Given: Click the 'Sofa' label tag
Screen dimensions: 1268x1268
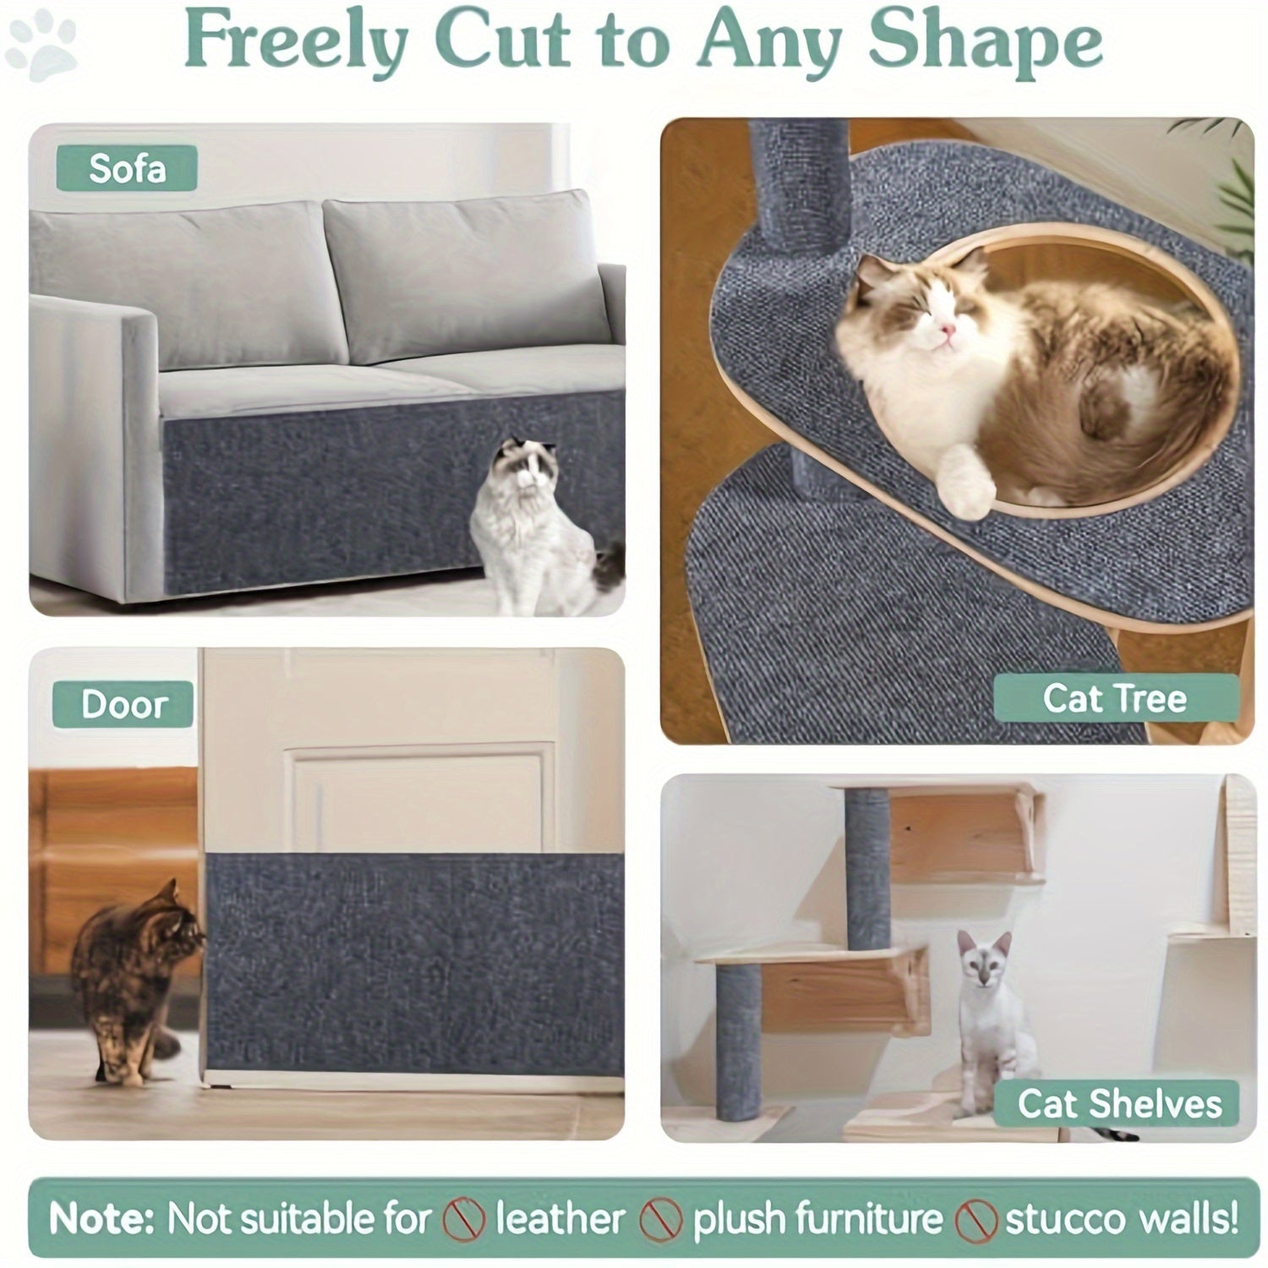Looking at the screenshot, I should coord(127,168).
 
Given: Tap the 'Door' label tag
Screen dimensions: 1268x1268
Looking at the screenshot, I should coord(123,704).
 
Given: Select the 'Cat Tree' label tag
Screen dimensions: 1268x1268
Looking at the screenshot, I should coord(1114,698).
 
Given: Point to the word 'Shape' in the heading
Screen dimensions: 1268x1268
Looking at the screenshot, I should coord(985,44).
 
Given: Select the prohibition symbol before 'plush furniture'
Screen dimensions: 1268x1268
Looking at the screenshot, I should coord(660,1221).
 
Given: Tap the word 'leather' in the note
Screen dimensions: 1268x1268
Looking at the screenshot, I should coord(560,1219).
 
